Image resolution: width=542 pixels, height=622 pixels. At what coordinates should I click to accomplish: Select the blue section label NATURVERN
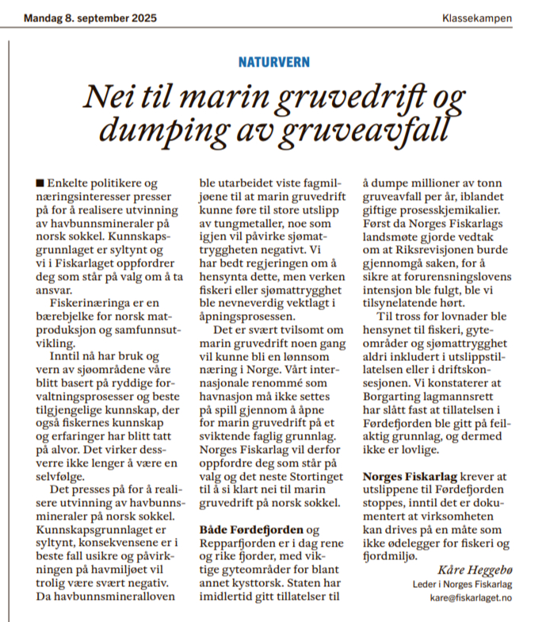tap(274, 61)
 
